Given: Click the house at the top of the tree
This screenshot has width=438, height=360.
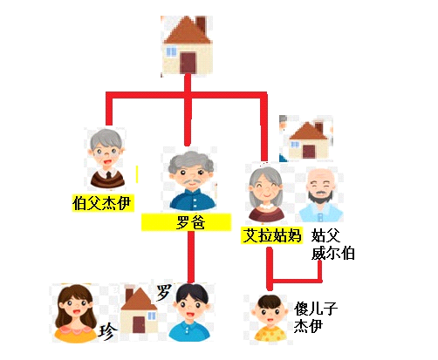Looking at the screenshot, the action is (188, 45).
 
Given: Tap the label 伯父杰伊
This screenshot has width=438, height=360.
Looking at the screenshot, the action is (102, 203).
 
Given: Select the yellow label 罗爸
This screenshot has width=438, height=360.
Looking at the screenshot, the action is (186, 222).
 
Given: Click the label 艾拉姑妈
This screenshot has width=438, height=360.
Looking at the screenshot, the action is (272, 235).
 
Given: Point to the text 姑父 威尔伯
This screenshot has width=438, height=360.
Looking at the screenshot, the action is (332, 244).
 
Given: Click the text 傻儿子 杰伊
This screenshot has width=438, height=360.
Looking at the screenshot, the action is (315, 317).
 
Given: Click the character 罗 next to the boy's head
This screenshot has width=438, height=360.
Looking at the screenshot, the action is (164, 292).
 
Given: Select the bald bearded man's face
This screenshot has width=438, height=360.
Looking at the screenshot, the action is (320, 185).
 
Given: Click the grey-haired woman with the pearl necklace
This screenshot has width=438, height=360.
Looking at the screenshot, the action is (266, 194).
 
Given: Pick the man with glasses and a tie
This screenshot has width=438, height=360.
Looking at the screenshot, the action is (107, 159).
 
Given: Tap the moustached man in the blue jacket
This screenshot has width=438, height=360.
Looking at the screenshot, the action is (191, 180).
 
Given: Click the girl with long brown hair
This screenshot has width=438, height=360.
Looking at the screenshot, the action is (76, 313).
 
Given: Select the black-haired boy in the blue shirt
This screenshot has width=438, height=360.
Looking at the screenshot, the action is (189, 312).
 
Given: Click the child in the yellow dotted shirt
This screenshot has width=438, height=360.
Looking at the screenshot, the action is (269, 318).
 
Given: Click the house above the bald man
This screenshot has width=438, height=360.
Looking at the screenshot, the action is (308, 140).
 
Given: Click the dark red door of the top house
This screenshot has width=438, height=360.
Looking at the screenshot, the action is (188, 63).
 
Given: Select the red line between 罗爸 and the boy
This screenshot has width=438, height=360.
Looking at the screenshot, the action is (191, 257).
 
